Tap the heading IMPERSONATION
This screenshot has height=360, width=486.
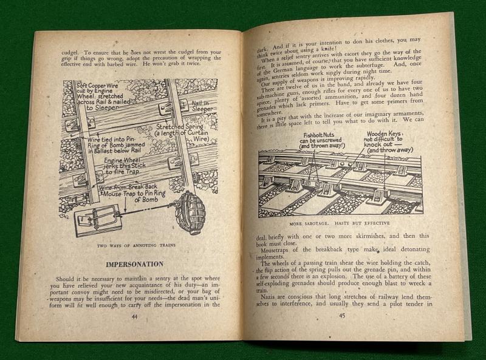coord(134,264)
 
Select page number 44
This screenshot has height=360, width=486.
coord(134,317)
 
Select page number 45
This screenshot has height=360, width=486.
coord(342,316)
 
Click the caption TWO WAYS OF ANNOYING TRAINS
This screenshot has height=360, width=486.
coord(136,245)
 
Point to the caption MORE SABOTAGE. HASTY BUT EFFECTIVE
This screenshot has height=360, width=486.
coord(340,223)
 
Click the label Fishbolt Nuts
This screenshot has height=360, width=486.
coord(318,135)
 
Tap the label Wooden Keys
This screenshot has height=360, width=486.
coord(385,134)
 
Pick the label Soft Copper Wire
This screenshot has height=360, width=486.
coord(97,86)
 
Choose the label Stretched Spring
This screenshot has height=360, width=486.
coord(180,126)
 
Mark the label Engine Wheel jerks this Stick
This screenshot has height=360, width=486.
coord(125,163)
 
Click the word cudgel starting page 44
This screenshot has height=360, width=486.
coord(68,52)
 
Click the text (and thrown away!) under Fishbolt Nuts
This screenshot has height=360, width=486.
coord(323,146)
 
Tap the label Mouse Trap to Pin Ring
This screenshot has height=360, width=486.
coord(134,194)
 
